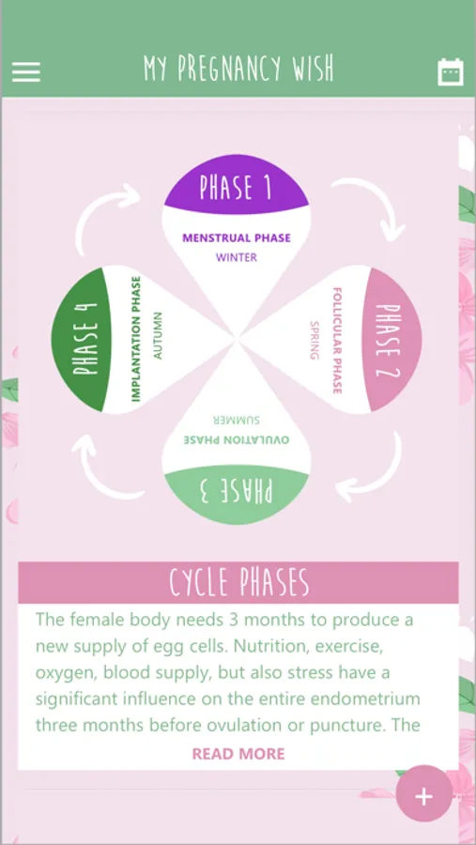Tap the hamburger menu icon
coord(26,71)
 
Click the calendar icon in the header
coord(450,71)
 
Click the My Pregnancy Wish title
coord(238,69)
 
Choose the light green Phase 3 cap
coord(237,493)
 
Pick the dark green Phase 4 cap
coord(81,340)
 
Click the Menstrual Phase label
coord(237,238)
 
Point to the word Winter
coord(237,257)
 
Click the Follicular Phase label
coord(337,340)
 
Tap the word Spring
coord(315,340)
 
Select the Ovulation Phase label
coord(237,440)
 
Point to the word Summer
coord(237,420)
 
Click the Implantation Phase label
coord(136,339)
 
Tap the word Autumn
coord(158,336)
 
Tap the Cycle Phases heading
coord(239,582)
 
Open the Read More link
coord(238,753)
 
